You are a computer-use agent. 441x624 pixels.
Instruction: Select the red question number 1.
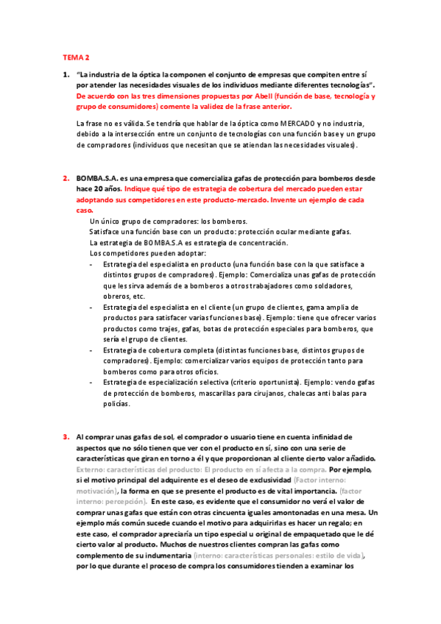(x=66, y=75)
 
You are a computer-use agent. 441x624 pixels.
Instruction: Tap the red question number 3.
(x=66, y=436)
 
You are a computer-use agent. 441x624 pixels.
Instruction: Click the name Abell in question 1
(x=264, y=96)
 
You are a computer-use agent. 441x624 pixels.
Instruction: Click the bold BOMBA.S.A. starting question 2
(x=96, y=179)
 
